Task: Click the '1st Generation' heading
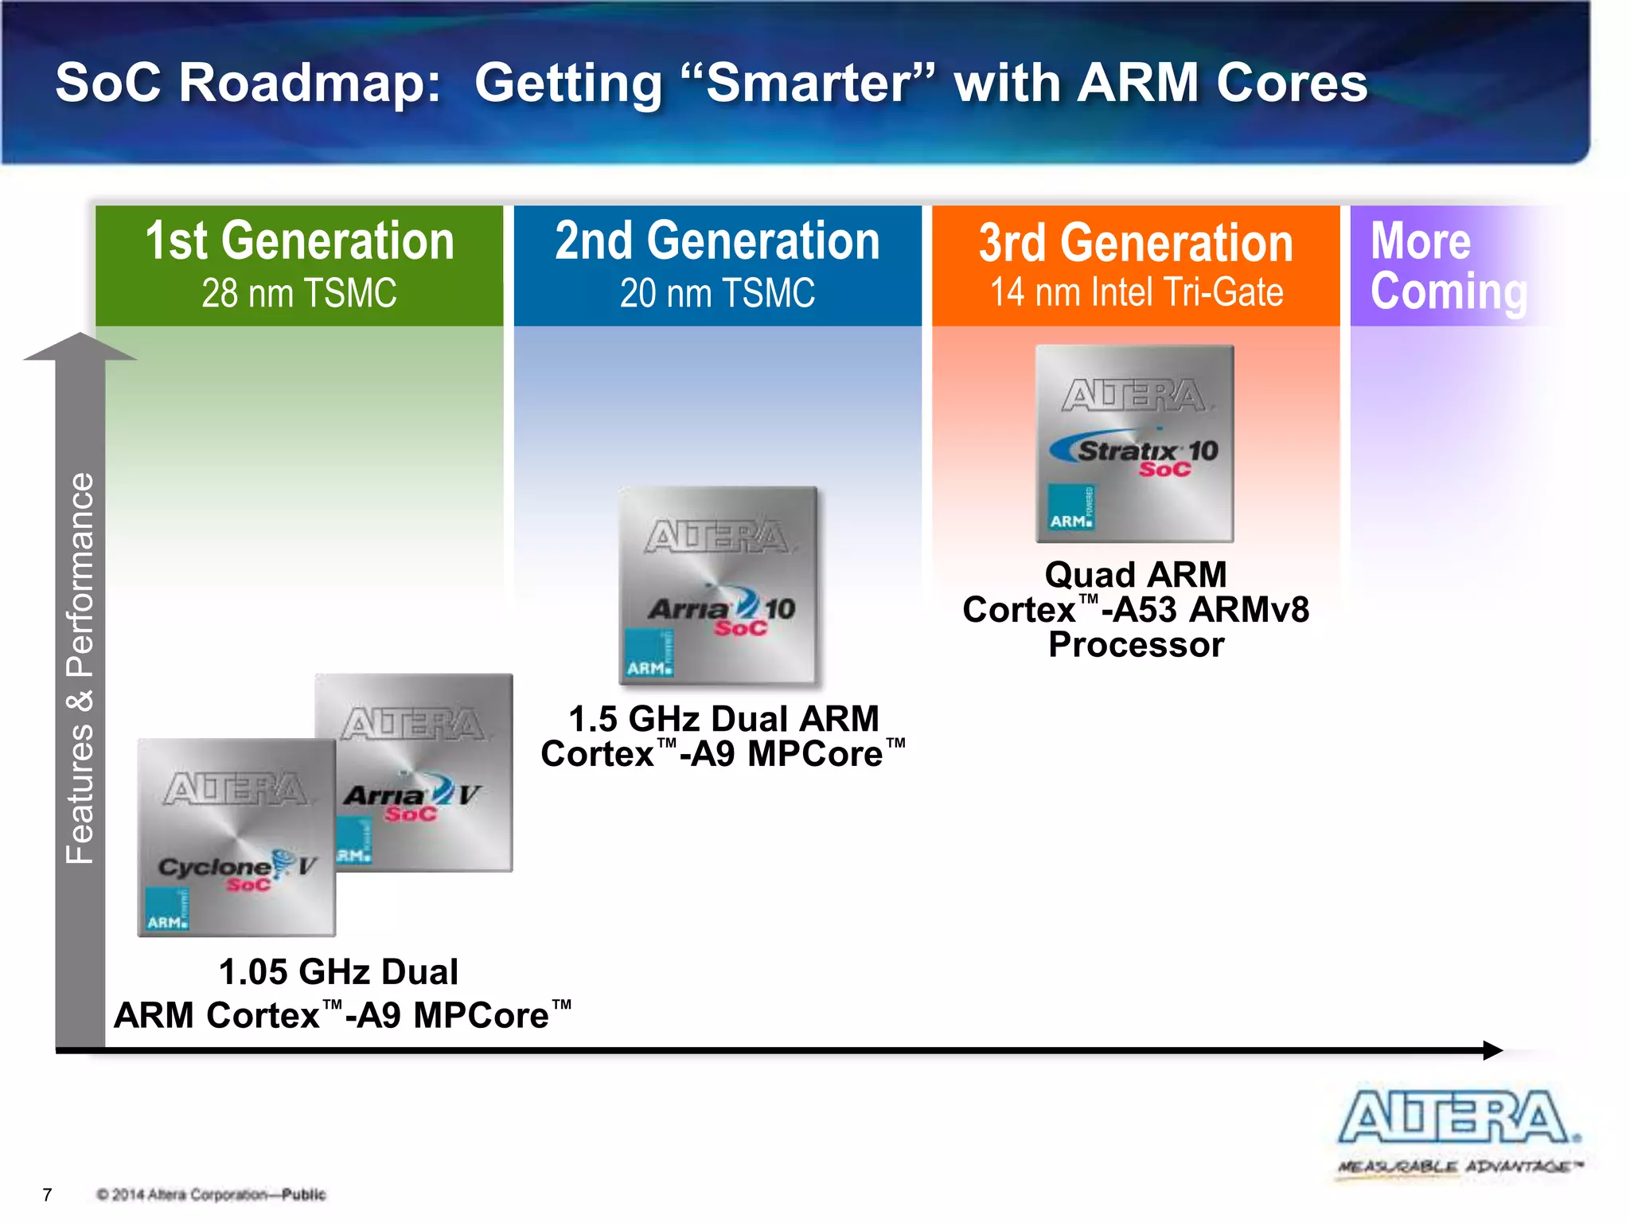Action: (x=299, y=241)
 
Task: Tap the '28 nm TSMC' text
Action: (x=299, y=293)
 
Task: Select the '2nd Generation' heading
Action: (x=717, y=241)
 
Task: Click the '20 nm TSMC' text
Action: (x=717, y=293)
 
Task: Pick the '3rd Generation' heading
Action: (x=1136, y=243)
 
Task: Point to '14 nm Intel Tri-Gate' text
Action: (x=1136, y=292)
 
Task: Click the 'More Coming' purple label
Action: (x=1447, y=266)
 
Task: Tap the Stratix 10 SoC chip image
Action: (x=1134, y=443)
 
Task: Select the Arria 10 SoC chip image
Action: (x=718, y=585)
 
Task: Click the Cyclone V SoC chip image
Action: (x=236, y=836)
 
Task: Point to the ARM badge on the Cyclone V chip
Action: (x=167, y=909)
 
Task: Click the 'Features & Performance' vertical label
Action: (x=80, y=669)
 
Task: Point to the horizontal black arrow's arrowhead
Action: (x=1492, y=1050)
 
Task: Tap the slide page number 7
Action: (x=47, y=1194)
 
